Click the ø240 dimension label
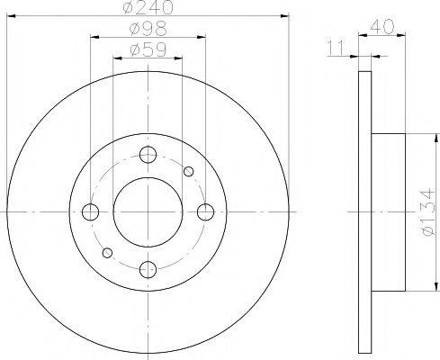click(x=148, y=7)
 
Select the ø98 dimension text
click(x=148, y=29)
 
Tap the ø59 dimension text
click(x=148, y=49)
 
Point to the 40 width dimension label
click(x=382, y=27)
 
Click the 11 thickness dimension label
click(x=336, y=48)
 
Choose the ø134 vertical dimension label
click(x=427, y=212)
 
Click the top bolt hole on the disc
click(x=148, y=155)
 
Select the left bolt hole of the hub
click(x=90, y=212)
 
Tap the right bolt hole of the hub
click(x=205, y=212)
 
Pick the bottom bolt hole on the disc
click(x=148, y=269)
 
